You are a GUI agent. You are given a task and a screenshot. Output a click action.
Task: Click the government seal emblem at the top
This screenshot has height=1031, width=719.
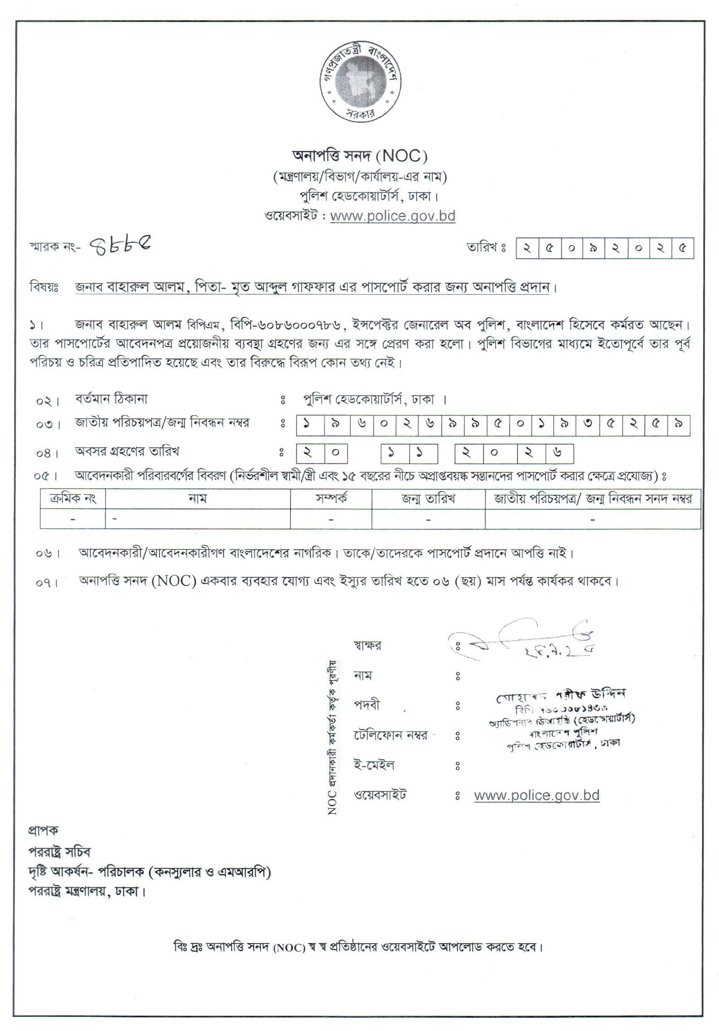pyautogui.click(x=360, y=82)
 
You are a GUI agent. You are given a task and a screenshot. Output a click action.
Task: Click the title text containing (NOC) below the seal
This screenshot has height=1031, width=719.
pyautogui.click(x=360, y=156)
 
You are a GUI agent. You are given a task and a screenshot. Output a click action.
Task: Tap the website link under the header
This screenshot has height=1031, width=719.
pyautogui.click(x=392, y=216)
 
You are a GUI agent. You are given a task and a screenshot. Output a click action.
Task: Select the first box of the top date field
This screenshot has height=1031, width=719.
pyautogui.click(x=527, y=248)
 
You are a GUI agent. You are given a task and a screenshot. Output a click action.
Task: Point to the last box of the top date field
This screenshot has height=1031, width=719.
pyautogui.click(x=682, y=248)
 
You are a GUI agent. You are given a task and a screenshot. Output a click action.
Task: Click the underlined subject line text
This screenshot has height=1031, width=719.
pyautogui.click(x=312, y=287)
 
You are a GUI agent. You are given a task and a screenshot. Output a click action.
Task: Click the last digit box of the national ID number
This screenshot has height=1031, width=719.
pyautogui.click(x=678, y=425)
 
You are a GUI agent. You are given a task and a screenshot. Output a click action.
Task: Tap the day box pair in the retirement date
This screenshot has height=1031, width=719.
pyautogui.click(x=322, y=453)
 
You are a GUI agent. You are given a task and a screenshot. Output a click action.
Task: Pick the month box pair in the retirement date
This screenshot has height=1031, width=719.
pyautogui.click(x=409, y=453)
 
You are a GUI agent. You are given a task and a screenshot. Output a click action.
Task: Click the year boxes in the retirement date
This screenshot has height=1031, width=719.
pyautogui.click(x=514, y=453)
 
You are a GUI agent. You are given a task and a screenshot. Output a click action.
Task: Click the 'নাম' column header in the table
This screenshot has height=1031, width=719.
pyautogui.click(x=198, y=499)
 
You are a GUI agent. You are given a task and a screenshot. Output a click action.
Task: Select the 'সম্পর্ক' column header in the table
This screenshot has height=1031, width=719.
pyautogui.click(x=331, y=499)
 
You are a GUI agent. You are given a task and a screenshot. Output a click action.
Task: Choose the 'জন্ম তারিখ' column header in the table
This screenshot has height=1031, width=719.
pyautogui.click(x=428, y=499)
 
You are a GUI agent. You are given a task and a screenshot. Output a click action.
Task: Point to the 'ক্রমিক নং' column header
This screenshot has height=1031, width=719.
pyautogui.click(x=73, y=499)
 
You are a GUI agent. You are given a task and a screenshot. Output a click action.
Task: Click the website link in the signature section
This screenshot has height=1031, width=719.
pyautogui.click(x=537, y=795)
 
